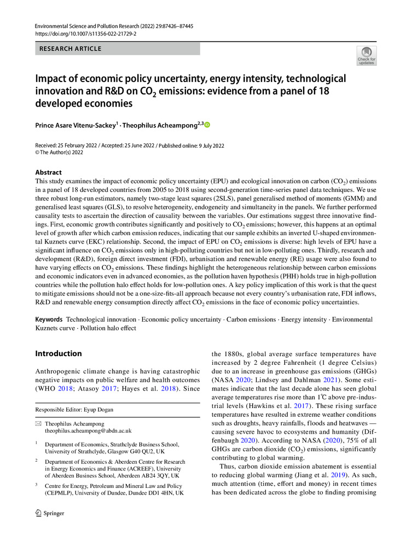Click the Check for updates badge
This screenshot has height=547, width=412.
coord(367,56)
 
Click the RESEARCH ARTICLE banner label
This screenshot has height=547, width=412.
coord(70,49)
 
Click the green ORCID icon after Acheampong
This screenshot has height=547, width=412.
coord(207,125)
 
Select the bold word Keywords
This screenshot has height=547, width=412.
coord(49,319)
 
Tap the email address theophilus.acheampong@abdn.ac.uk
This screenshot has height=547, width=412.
coord(88,430)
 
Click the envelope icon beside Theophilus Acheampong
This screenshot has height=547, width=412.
coord(38,423)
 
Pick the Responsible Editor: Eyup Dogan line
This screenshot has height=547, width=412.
coord(82,409)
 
